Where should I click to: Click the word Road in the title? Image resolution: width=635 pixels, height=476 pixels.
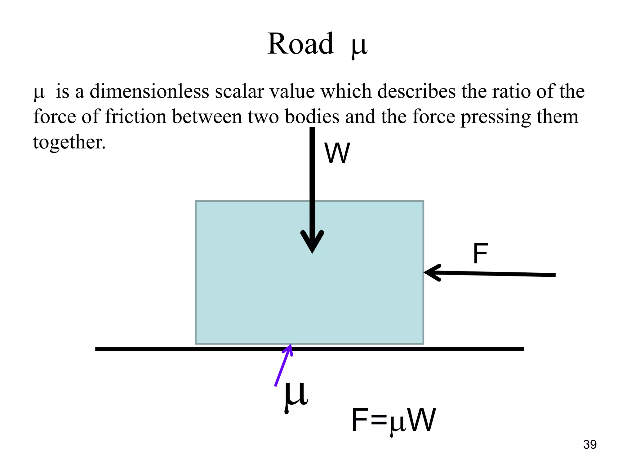(300, 44)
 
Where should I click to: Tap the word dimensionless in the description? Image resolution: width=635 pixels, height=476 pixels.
(149, 92)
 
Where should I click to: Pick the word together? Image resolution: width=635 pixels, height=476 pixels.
(69, 142)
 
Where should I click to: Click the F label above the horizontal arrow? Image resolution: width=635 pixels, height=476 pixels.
(480, 254)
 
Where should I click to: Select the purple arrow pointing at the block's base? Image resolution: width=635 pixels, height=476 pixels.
(283, 366)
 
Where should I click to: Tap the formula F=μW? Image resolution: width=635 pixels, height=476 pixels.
(393, 421)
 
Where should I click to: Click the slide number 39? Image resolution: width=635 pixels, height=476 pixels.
(590, 445)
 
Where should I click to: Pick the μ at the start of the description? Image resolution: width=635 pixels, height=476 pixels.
(39, 93)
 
